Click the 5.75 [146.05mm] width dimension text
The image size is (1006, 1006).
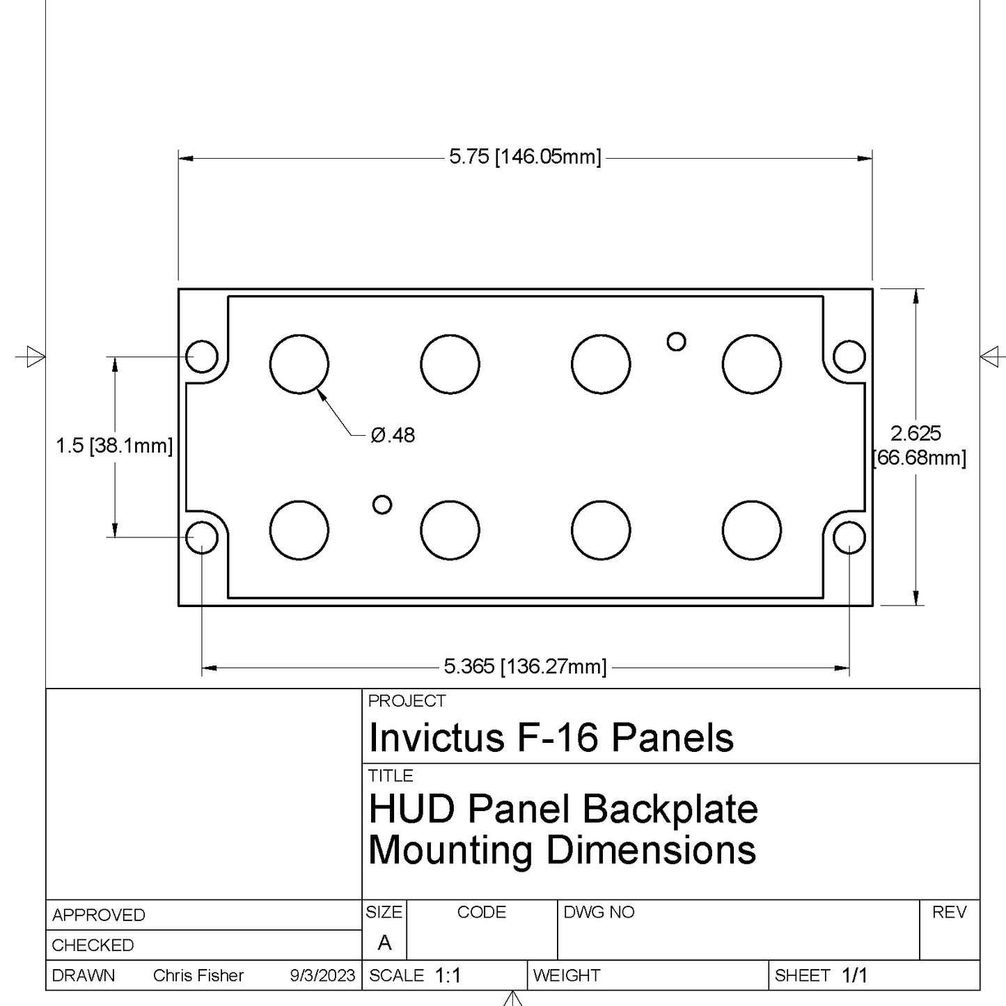525,157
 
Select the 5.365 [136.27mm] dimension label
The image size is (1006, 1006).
525,667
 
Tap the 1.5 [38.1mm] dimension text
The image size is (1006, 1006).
113,446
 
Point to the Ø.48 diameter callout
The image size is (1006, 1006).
393,435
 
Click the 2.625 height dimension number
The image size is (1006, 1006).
915,433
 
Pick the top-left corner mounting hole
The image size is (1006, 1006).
202,356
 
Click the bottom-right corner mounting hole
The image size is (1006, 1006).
849,537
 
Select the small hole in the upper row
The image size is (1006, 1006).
677,342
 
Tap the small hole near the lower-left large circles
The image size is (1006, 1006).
382,505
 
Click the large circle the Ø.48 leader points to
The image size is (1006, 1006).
299,364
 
